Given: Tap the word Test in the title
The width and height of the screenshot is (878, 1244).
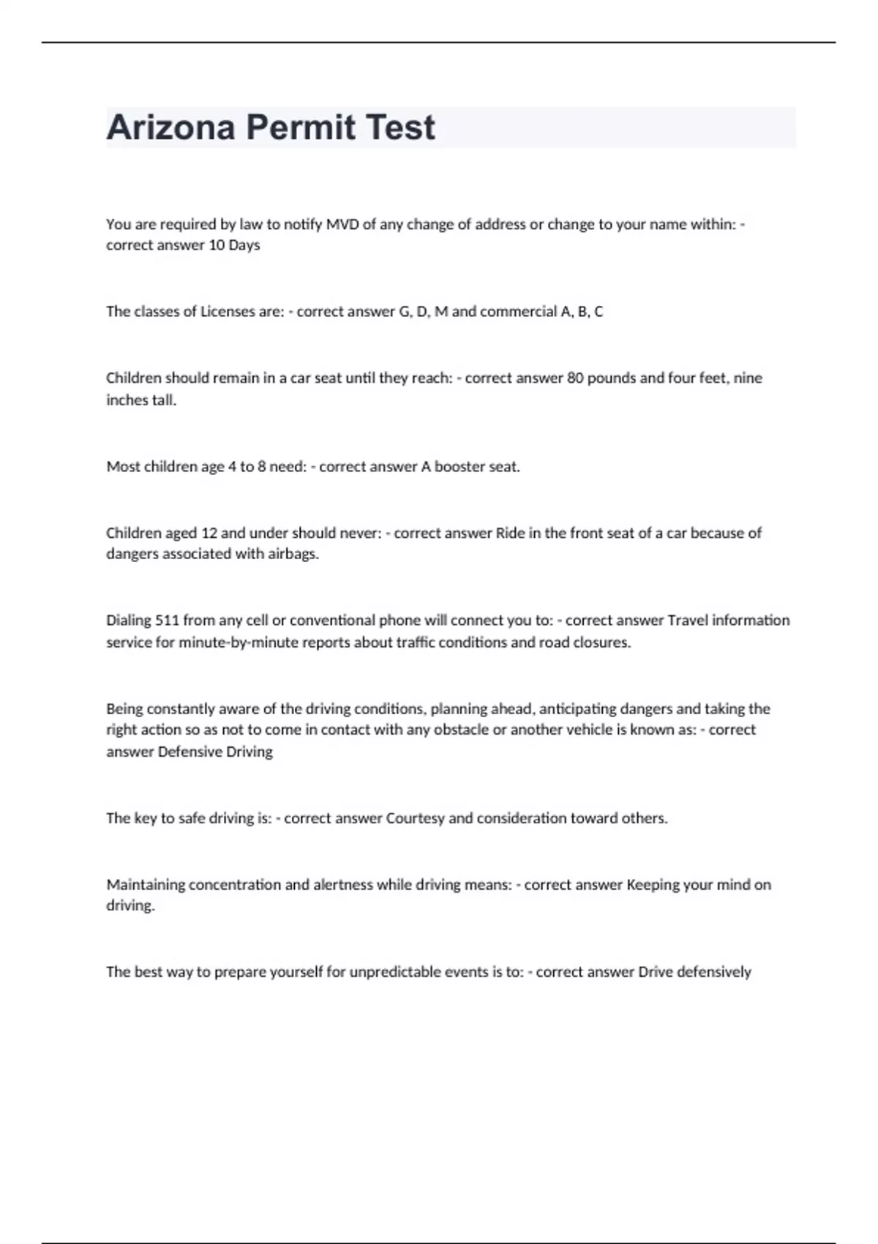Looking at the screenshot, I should point(399,127).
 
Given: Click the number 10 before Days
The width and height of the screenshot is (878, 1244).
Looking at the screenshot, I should point(217,245).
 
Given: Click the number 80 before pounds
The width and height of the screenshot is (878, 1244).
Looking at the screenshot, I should point(575,378).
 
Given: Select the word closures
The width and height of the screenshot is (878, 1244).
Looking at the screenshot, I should point(603,642).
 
